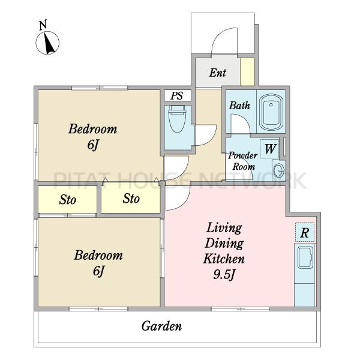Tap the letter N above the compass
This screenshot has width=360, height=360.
coord(43,25)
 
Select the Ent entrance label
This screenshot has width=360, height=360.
coord(217,73)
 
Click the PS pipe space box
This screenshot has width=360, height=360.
coord(178,95)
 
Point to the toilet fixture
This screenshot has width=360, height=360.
coord(177,119)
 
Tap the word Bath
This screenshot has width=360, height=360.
coord(239,106)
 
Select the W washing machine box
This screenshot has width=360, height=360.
coord(269,149)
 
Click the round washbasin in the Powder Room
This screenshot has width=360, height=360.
coord(279,170)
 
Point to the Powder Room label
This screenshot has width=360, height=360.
coord(243,161)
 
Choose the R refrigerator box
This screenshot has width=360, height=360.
coord(305,232)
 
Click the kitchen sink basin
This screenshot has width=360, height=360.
coord(305,257)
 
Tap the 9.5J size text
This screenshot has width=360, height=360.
coord(224,274)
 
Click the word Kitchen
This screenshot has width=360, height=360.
coord(224,259)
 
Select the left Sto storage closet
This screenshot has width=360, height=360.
coord(67,199)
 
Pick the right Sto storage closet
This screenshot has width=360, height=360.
coord(131,198)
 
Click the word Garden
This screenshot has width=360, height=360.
coord(161,326)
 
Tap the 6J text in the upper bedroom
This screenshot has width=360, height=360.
coord(93,145)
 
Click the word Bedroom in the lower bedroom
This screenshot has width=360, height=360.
coord(98,256)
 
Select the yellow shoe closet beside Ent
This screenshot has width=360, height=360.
coord(247,72)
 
